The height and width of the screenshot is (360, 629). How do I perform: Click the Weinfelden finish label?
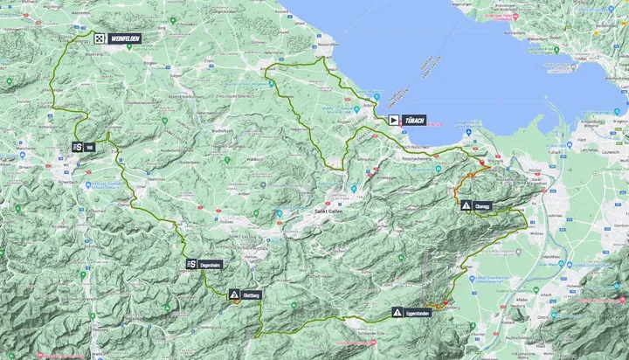tap(124, 38)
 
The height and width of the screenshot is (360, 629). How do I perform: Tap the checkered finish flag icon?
tap(100, 38)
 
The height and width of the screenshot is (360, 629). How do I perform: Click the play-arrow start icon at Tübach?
tap(394, 120)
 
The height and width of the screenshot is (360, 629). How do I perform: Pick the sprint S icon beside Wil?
tap(78, 148)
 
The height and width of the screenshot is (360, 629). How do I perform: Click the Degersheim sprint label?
tap(212, 264)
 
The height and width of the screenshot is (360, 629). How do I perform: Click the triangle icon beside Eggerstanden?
tap(397, 312)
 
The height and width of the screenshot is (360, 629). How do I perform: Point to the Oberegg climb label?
tap(484, 206)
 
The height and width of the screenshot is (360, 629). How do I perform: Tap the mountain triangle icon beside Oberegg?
tap(467, 206)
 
